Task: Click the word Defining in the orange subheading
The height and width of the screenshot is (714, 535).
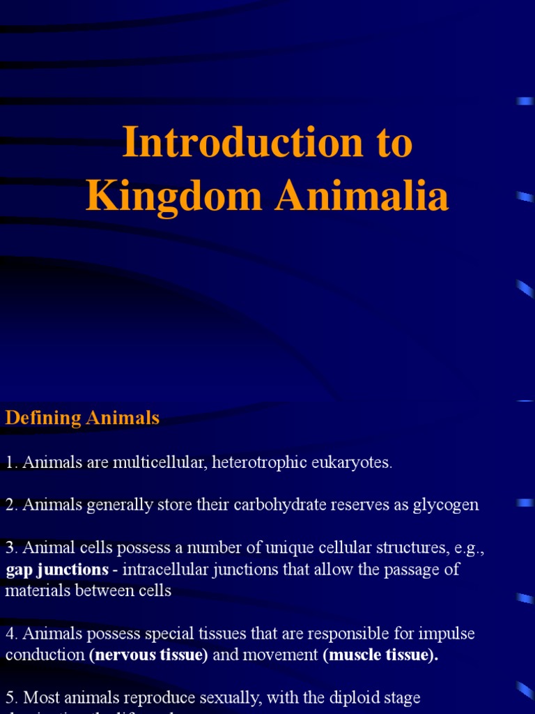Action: pyautogui.click(x=43, y=418)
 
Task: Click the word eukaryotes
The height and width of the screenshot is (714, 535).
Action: pyautogui.click(x=352, y=462)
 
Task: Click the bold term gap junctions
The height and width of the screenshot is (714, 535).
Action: pyautogui.click(x=57, y=570)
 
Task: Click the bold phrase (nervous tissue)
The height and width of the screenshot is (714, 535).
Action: pyautogui.click(x=148, y=655)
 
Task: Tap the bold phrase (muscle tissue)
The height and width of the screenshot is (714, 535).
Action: pyautogui.click(x=380, y=655)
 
